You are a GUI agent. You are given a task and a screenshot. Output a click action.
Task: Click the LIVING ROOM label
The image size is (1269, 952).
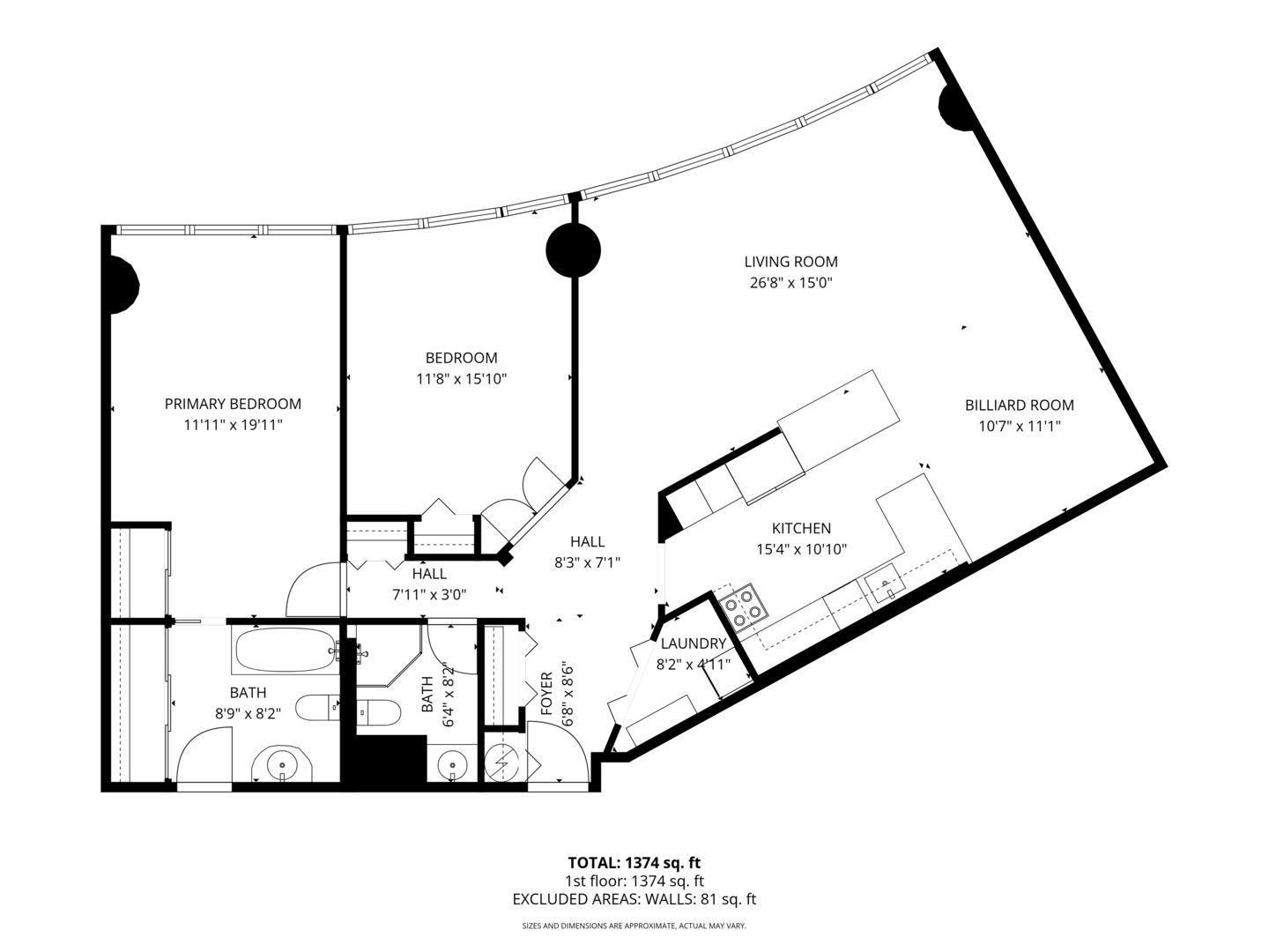pyautogui.click(x=790, y=262)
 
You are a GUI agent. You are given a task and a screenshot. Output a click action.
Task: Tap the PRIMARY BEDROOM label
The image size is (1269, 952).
pyautogui.click(x=233, y=404)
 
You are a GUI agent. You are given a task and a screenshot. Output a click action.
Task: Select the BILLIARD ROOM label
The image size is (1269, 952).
pyautogui.click(x=1019, y=405)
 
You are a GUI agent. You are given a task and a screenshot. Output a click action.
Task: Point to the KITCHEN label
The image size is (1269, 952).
pyautogui.click(x=801, y=529)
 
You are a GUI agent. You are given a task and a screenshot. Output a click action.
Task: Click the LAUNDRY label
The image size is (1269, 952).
pyautogui.click(x=693, y=643)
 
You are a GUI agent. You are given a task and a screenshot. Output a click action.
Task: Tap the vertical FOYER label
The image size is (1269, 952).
pyautogui.click(x=545, y=694)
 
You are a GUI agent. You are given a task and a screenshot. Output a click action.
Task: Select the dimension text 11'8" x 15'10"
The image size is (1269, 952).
pyautogui.click(x=462, y=379)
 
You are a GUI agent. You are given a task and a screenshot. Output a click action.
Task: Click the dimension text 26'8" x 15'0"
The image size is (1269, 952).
pyautogui.click(x=790, y=283)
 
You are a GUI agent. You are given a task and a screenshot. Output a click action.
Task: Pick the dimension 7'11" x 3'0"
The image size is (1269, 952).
pyautogui.click(x=428, y=594)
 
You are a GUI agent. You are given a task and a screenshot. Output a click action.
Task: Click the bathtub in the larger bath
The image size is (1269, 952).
pyautogui.click(x=285, y=651)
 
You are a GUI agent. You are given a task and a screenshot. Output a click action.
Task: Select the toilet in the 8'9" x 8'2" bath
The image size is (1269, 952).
pyautogui.click(x=317, y=707)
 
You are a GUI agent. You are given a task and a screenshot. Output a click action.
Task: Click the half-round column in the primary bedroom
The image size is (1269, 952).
pyautogui.click(x=122, y=284)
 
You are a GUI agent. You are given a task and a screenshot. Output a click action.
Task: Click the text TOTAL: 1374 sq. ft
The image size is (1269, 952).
pyautogui.click(x=634, y=862)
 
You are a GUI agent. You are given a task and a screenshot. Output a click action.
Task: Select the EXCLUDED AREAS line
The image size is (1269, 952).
pyautogui.click(x=634, y=899)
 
